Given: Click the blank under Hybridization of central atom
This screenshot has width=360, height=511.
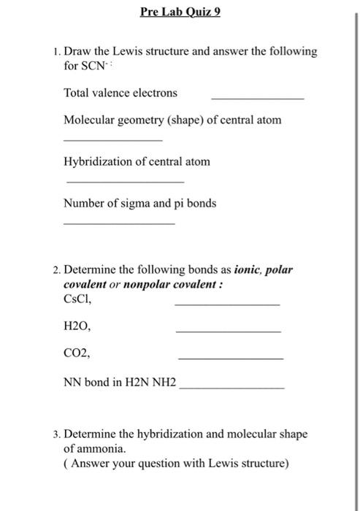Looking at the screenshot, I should click(x=125, y=182).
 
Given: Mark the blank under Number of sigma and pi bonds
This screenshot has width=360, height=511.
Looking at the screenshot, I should click(x=119, y=223).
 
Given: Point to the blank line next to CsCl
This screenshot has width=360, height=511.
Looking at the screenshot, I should click(x=227, y=304).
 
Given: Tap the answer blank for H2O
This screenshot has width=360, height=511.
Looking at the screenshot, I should click(x=229, y=332).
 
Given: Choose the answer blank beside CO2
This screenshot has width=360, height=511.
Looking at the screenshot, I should click(x=230, y=359).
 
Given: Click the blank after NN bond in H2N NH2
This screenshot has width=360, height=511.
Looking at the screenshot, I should click(x=231, y=388).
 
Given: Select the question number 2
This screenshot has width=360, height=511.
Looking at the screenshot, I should click(x=56, y=269).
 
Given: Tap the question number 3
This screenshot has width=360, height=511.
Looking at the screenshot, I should click(x=56, y=434).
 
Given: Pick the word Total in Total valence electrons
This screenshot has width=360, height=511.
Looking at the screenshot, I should click(x=77, y=93).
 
